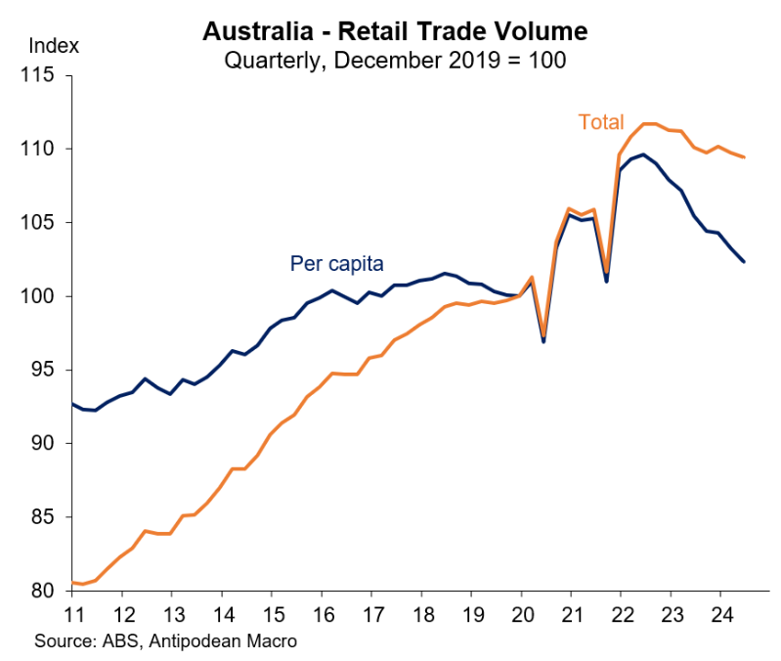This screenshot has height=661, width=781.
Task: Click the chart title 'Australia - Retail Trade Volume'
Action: pos(395,31)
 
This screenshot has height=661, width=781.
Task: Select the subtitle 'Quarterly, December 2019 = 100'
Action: pos(395,59)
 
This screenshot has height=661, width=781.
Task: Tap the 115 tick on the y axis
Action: pos(43,75)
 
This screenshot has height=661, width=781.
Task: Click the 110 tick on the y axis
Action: pos(43,149)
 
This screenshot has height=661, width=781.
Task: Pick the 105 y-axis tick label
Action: pos(43,223)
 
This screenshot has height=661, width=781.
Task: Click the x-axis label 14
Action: pos(223,616)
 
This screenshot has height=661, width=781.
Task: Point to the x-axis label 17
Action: pos(372,616)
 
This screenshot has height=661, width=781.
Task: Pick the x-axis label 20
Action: pos(521,616)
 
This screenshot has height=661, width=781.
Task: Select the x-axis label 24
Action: pos(719,616)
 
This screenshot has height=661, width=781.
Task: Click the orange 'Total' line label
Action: pos(601,122)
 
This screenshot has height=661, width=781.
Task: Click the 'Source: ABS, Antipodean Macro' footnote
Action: pos(165,641)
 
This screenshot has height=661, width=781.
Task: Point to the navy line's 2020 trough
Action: pos(543,341)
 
